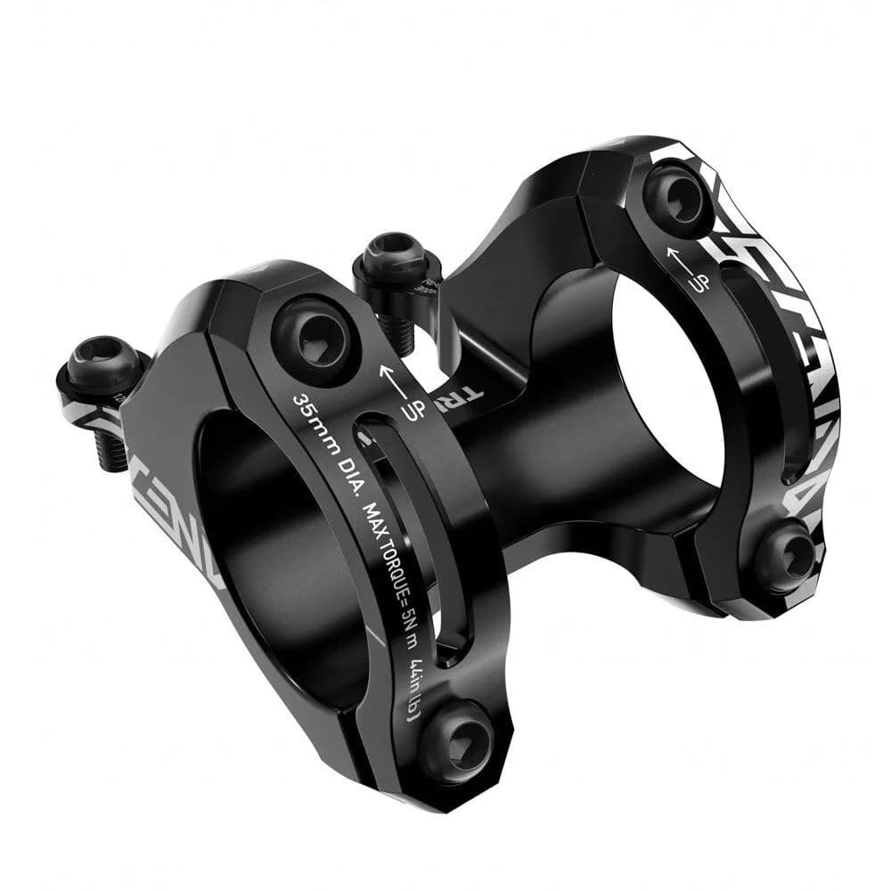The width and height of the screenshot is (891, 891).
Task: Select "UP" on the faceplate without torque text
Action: click(x=700, y=283)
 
